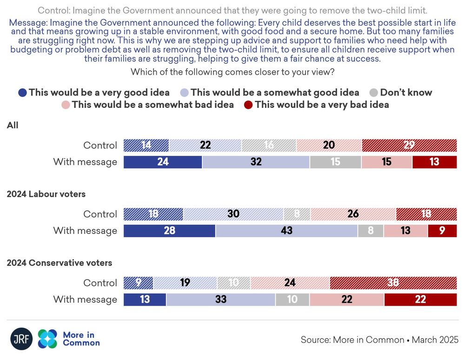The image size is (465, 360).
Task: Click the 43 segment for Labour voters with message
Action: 286,231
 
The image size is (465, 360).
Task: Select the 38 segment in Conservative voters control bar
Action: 393,283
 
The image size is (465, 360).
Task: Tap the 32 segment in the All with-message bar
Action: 256,162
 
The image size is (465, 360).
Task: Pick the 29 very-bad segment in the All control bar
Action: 409,145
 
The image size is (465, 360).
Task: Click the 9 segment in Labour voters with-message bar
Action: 442,231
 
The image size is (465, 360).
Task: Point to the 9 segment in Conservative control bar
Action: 138,283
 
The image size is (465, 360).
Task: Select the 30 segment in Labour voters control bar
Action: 233,214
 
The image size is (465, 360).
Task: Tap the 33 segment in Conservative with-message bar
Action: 221,300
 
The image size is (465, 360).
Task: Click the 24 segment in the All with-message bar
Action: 163,162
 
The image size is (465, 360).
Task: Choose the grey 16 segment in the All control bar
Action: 269,145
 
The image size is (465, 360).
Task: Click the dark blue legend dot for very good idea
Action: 22,93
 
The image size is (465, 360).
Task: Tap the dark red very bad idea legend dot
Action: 248,105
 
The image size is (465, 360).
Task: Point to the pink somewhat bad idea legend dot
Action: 66,105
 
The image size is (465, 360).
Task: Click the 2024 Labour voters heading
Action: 46,194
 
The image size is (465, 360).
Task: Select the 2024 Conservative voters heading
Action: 59,263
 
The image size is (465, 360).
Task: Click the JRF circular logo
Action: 21,339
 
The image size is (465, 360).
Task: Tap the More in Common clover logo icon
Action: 47,339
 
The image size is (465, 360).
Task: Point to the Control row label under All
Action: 100,145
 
